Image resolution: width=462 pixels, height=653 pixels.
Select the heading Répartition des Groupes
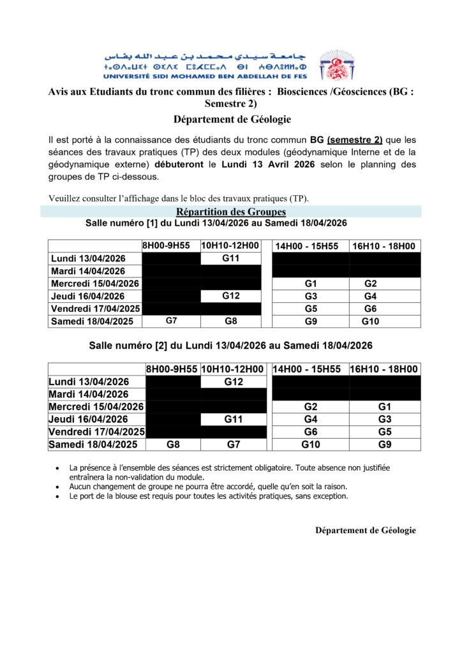coord(230,212)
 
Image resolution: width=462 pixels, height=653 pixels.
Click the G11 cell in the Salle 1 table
coord(230,258)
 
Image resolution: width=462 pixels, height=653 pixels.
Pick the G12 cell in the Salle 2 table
coord(233,381)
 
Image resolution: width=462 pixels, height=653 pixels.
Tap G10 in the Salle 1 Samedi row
coord(370,321)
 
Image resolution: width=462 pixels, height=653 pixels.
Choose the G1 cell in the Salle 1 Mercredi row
coord(311,283)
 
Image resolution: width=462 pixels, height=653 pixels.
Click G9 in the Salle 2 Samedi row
coord(384,444)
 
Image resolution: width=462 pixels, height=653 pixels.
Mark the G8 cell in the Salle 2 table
coord(172,444)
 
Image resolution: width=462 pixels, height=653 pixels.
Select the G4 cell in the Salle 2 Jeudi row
coord(310,420)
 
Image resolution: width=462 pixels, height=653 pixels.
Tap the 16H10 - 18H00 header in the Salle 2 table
coord(384,369)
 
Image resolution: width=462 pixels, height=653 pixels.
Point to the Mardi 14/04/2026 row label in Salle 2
coord(89,394)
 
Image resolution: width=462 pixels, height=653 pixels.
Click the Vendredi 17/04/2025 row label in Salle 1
coord(95,309)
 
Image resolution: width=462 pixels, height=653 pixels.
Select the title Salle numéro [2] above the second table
coord(230,346)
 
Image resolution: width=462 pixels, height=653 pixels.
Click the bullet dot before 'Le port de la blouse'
coord(59,496)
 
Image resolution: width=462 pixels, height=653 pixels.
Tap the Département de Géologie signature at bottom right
coord(365,530)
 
